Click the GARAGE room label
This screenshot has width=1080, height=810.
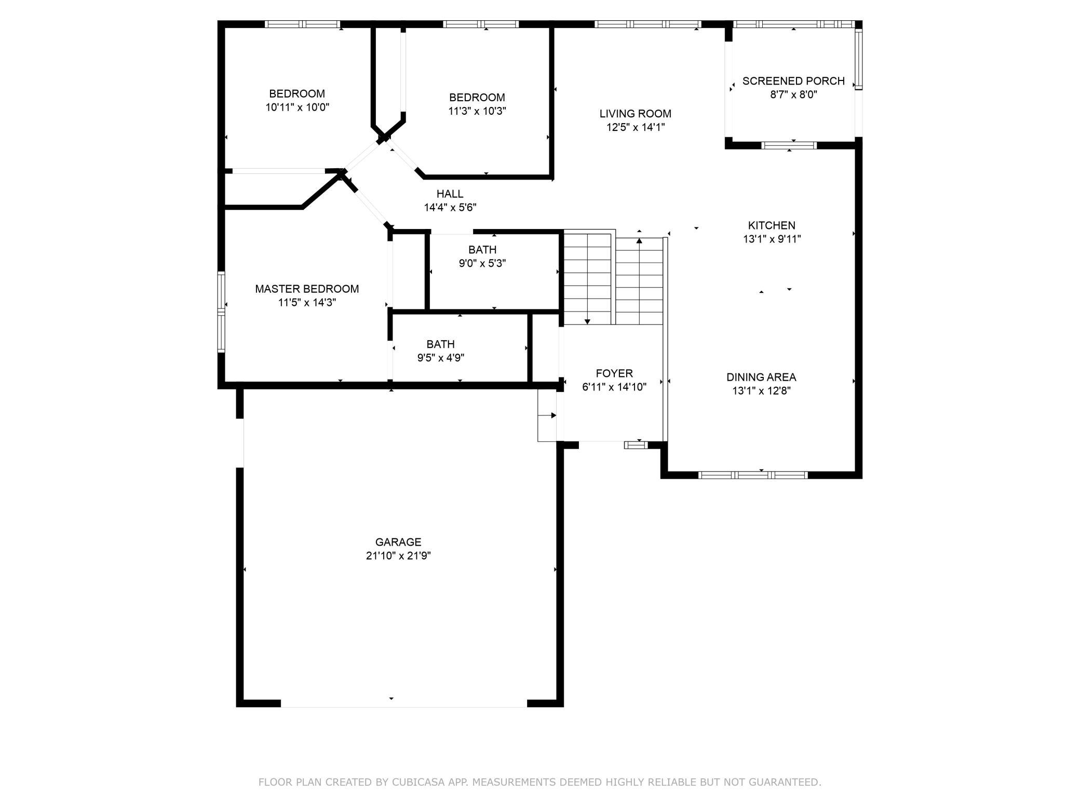[x=398, y=542]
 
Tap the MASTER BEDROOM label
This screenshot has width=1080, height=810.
[x=307, y=289]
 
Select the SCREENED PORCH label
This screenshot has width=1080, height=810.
[x=793, y=81]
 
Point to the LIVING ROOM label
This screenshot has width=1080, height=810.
[x=635, y=114]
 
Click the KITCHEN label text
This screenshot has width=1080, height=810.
[x=772, y=225]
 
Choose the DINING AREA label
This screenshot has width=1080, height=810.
[x=761, y=377]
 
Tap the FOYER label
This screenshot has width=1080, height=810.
[x=614, y=373]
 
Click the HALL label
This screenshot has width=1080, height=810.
[x=450, y=194]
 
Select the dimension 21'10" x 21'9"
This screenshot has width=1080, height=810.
[x=398, y=556]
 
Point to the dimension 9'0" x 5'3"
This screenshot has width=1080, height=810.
[x=482, y=263]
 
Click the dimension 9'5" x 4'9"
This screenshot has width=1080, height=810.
[x=441, y=358]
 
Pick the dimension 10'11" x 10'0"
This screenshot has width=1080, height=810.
[x=298, y=107]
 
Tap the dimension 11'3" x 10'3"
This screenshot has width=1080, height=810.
[x=477, y=111]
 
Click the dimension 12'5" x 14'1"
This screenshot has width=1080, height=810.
[x=636, y=127]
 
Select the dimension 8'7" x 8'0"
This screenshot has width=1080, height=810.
[x=794, y=95]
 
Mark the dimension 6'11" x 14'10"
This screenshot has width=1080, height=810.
[x=614, y=387]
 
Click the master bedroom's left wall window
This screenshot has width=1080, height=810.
[x=221, y=312]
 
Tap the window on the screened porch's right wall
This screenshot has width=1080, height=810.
[x=859, y=59]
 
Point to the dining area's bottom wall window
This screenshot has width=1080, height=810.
[x=753, y=475]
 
